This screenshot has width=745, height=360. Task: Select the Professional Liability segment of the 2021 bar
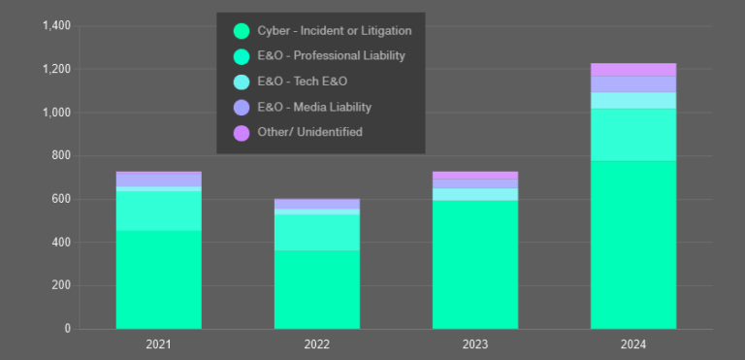click(158, 211)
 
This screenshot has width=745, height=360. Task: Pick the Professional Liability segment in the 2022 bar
click(316, 232)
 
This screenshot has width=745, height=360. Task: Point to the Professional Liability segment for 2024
click(632, 135)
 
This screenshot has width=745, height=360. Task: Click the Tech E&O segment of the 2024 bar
click(632, 100)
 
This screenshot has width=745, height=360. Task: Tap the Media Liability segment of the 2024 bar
click(632, 83)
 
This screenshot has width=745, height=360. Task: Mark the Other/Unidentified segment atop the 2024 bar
click(632, 69)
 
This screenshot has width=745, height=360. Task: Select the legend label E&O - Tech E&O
click(302, 82)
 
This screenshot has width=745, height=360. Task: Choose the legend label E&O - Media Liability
click(314, 107)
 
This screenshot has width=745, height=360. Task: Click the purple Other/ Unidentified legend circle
click(242, 132)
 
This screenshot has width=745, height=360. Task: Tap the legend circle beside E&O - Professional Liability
click(242, 56)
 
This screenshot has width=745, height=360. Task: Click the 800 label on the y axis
click(61, 156)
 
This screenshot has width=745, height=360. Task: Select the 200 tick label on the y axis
click(61, 286)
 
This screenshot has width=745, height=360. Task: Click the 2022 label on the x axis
click(316, 344)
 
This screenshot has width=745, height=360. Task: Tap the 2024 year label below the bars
click(632, 344)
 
